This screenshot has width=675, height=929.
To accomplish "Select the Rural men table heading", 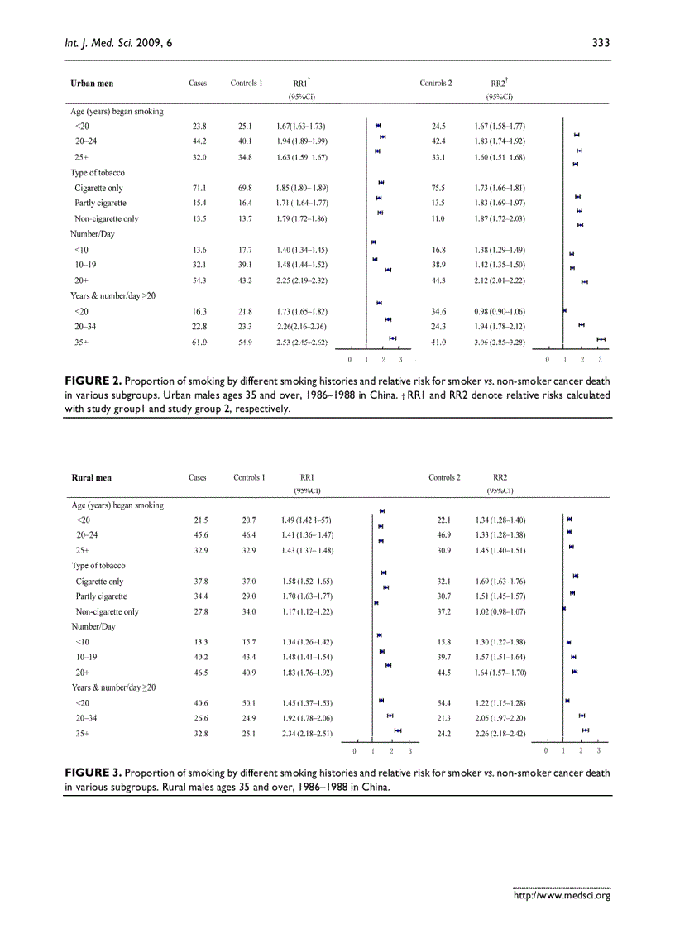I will pos(93,477).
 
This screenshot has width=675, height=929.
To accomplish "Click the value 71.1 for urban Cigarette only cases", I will pos(199,189).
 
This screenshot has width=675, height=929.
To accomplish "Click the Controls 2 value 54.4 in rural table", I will pos(443,702).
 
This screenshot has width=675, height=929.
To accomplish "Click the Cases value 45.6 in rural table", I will pos(200,535).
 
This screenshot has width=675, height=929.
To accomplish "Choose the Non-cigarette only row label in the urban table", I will pos(107,219).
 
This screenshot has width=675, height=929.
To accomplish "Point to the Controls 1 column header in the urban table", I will pos(247,84).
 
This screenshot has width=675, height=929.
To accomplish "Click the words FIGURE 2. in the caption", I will pos(93,381).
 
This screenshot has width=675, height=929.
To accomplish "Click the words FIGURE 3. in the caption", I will pos(93,773).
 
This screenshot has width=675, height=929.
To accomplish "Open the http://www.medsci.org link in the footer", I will pos(562,894).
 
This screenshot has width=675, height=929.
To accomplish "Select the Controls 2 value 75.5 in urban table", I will pos(438,189).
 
